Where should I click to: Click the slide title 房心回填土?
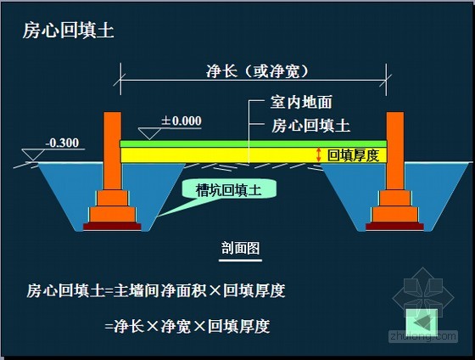(68, 32)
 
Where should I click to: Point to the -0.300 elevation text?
(63, 143)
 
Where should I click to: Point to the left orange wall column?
(113, 149)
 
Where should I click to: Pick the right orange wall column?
(395, 149)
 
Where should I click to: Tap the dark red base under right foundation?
(395, 227)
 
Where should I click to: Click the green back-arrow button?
(422, 323)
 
